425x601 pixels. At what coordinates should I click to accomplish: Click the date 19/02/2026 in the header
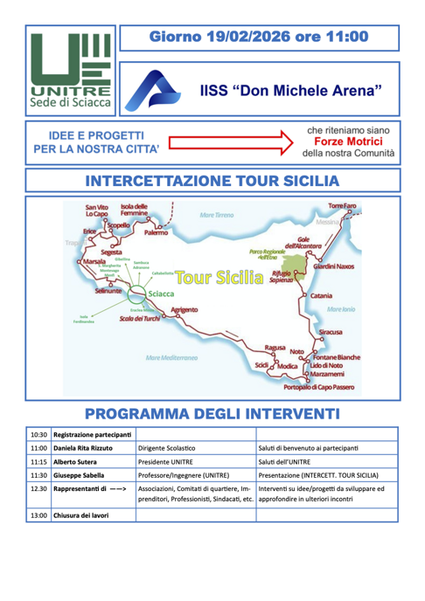(241, 38)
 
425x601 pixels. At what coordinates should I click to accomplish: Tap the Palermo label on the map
(157, 234)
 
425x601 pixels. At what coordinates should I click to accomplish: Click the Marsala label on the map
(94, 261)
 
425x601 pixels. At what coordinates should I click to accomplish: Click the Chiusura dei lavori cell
(81, 515)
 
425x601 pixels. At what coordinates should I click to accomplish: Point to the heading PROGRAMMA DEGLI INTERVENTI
(212, 412)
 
